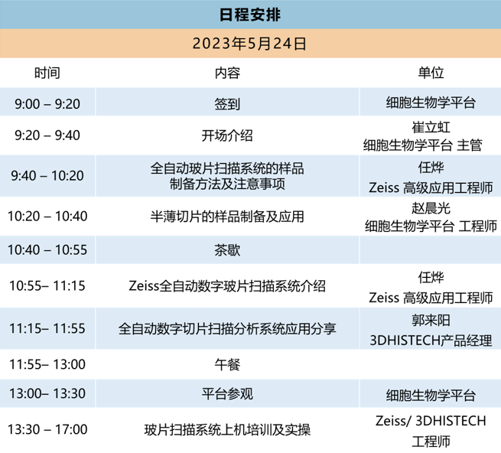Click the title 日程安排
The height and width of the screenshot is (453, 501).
(x=250, y=15)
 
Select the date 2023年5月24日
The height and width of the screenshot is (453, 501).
(x=249, y=44)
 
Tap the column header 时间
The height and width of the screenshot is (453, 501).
(x=47, y=73)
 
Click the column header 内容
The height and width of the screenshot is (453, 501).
(x=227, y=73)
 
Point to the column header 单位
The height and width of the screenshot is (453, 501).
(x=431, y=73)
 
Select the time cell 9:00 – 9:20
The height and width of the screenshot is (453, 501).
(x=47, y=103)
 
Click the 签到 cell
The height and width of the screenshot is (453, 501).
(x=227, y=104)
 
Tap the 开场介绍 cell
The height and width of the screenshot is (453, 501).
(x=227, y=135)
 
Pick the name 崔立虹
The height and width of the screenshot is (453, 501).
(x=431, y=127)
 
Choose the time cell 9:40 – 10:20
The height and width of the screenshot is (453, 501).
(x=47, y=175)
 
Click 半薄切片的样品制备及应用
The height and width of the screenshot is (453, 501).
(x=227, y=217)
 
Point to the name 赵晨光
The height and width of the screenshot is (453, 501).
(x=431, y=208)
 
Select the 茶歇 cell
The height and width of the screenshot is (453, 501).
(x=227, y=250)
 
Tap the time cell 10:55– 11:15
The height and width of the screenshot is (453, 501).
(x=47, y=285)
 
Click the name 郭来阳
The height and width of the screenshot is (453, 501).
(x=431, y=321)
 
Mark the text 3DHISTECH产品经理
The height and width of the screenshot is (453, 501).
(x=431, y=341)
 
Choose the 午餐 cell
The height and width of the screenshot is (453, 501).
(x=227, y=364)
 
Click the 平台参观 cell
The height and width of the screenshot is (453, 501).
(x=227, y=394)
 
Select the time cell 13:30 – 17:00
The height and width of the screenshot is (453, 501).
(x=47, y=429)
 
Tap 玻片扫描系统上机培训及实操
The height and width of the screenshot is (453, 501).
(x=227, y=430)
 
